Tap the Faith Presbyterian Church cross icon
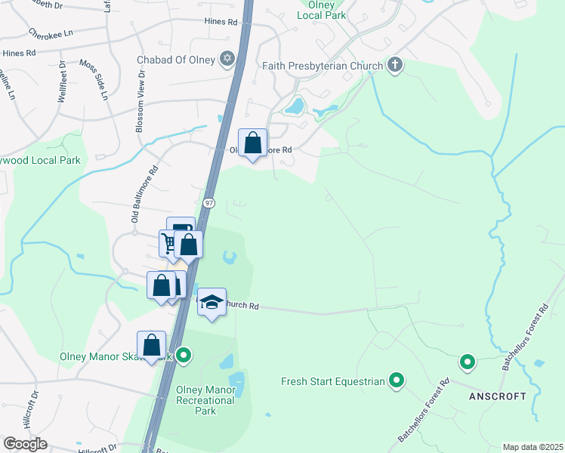tap(394, 65)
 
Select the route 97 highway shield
tap(209, 203)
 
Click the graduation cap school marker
tap(212, 302)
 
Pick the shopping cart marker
tap(168, 243)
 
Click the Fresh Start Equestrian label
tap(333, 381)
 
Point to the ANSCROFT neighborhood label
tap(497, 396)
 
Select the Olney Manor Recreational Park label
tap(205, 400)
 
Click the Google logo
tap(25, 444)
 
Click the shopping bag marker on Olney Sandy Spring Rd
tap(253, 141)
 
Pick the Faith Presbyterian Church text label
tap(323, 66)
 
